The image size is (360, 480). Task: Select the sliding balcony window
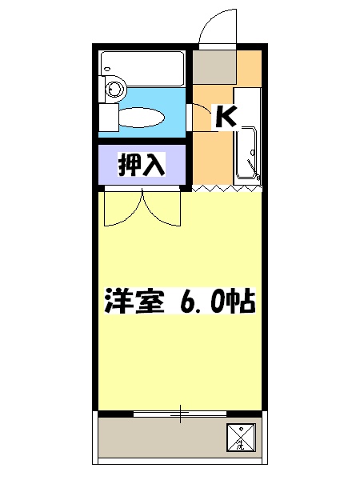[x=181, y=413]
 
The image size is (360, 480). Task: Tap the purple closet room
[x=142, y=165]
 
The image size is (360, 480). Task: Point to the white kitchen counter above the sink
[x=247, y=104]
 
